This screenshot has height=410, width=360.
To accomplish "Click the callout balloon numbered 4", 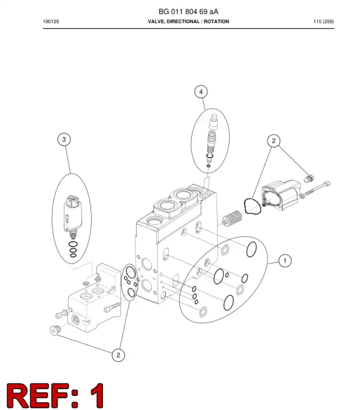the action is [x=201, y=92].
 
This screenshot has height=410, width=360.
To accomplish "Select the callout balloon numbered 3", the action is [x=64, y=139].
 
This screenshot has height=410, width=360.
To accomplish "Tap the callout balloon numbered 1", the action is [x=285, y=261].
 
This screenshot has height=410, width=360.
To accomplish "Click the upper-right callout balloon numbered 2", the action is [x=273, y=141].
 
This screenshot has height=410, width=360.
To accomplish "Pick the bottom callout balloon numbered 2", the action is [x=118, y=355].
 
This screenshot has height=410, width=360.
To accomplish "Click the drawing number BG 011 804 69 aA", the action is [x=188, y=11].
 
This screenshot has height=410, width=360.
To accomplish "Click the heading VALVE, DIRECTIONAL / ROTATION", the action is [x=188, y=21].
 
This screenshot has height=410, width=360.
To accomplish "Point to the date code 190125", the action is [x=51, y=21].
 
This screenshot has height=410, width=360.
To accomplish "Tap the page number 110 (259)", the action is [x=323, y=21].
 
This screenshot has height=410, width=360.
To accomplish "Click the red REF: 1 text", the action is [x=55, y=395].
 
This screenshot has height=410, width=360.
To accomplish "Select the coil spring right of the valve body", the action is [x=232, y=218].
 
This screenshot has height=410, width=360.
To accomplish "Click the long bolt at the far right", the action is [x=317, y=188].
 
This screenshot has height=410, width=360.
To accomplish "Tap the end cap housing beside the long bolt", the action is [x=281, y=195].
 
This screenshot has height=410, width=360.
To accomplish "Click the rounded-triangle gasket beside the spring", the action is [x=253, y=206].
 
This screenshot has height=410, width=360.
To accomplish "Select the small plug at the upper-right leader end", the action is [x=309, y=179].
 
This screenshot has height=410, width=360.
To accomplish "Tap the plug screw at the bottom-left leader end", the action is [x=55, y=330].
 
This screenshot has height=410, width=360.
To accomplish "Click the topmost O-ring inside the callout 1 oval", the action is [x=251, y=249].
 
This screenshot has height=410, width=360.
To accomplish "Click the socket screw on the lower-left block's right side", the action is [x=112, y=307].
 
